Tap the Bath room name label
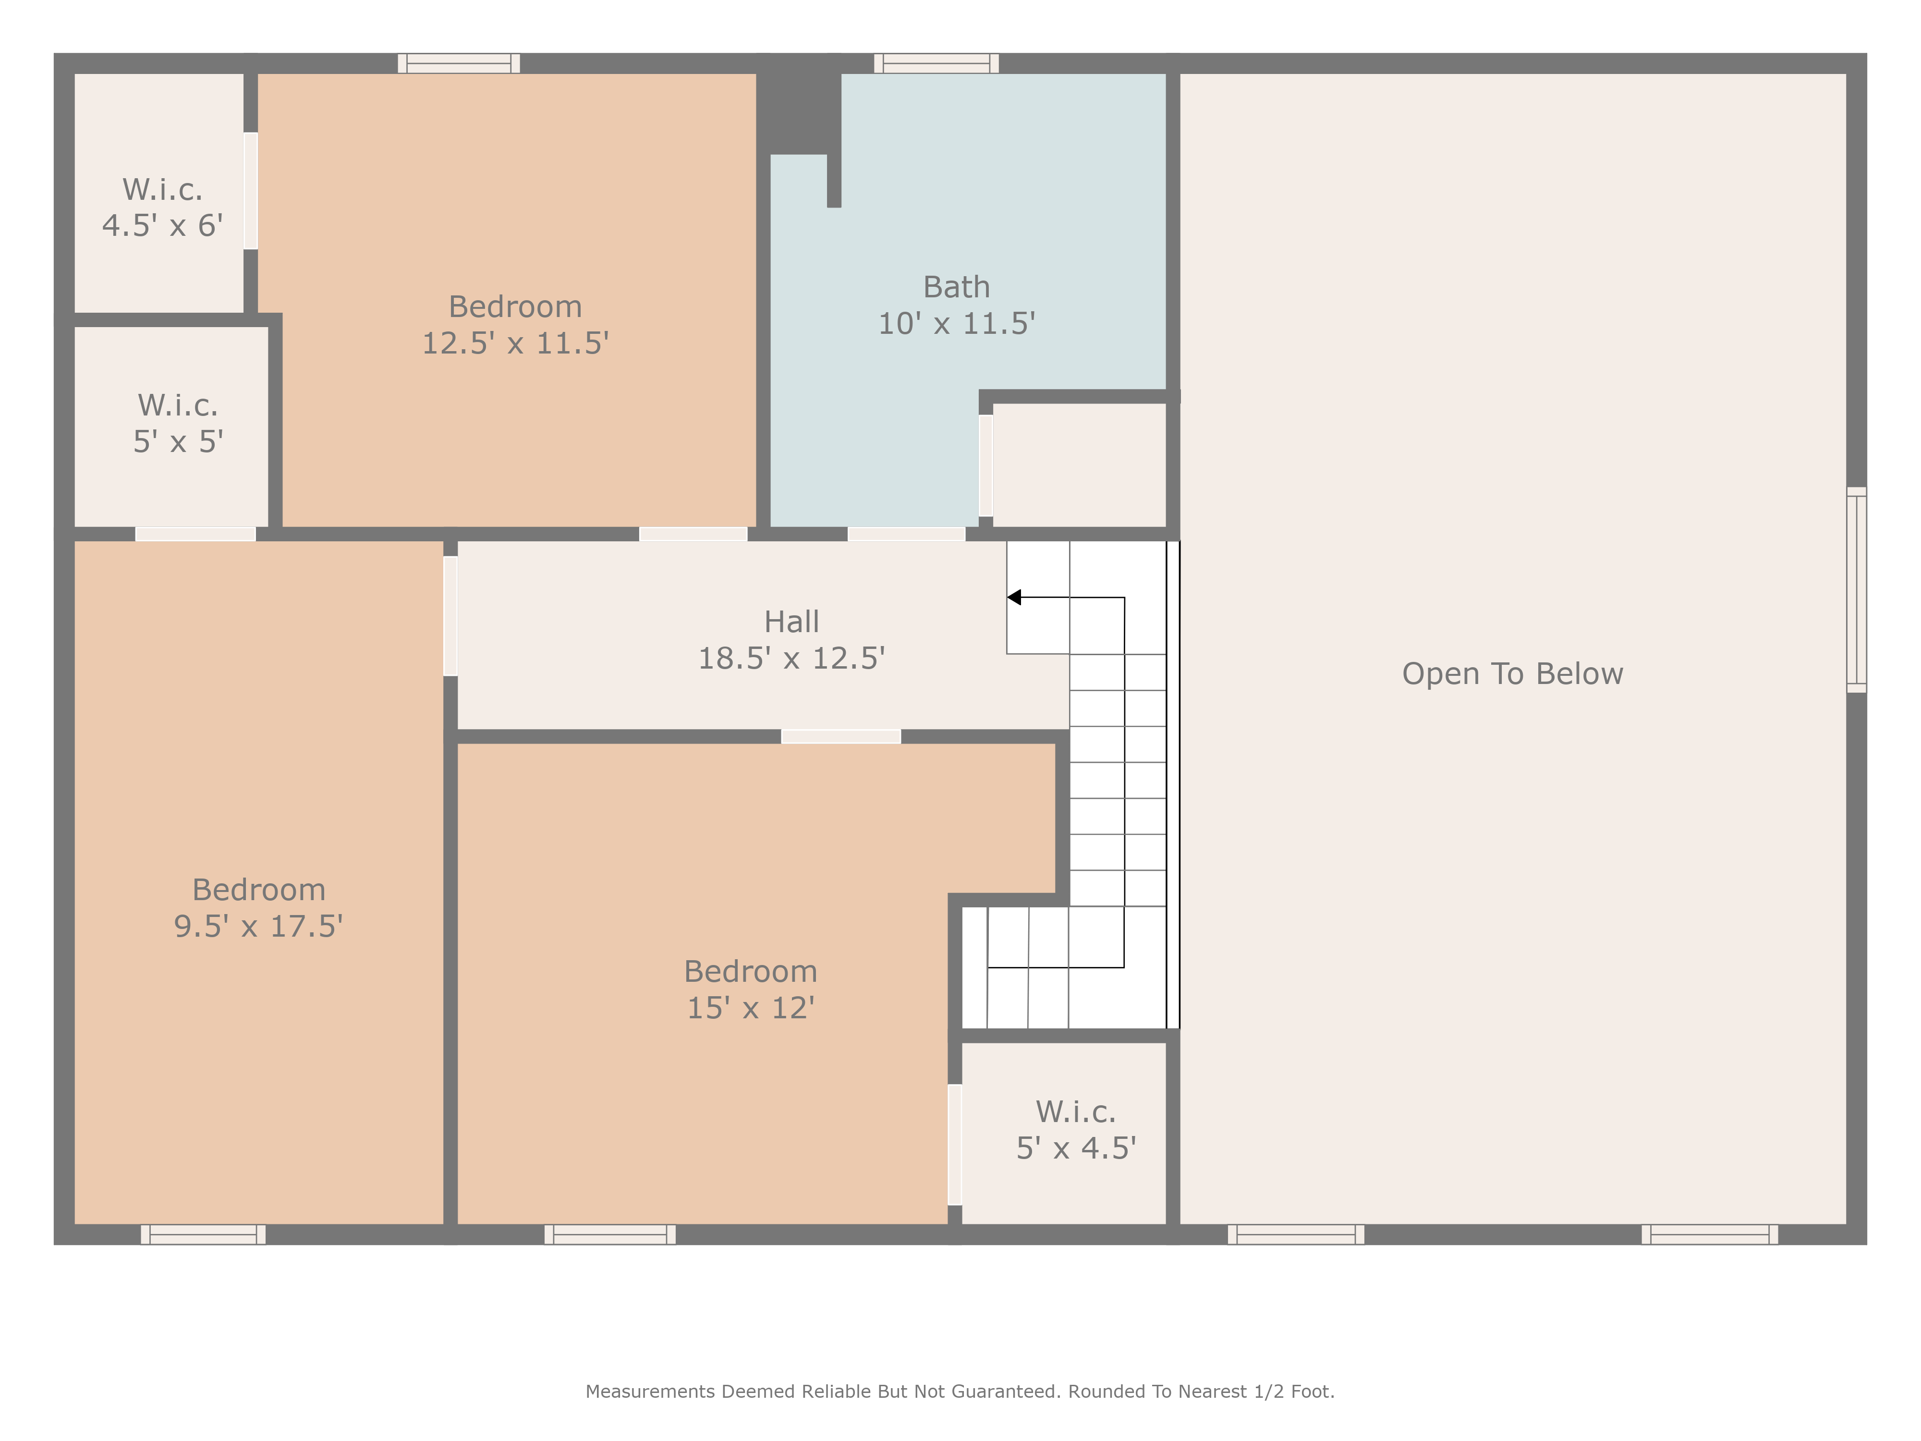pyautogui.click(x=956, y=287)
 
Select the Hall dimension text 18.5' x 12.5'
pyautogui.click(x=791, y=659)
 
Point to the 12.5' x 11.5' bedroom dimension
pyautogui.click(x=515, y=343)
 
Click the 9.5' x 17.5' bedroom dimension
pyautogui.click(x=259, y=926)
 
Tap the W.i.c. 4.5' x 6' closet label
pyautogui.click(x=162, y=208)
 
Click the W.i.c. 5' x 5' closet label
pyautogui.click(x=178, y=424)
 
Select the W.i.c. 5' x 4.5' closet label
pyautogui.click(x=1076, y=1130)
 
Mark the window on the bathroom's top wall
pyautogui.click(x=936, y=63)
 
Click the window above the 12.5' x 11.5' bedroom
pyautogui.click(x=459, y=63)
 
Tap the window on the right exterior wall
pyautogui.click(x=1856, y=590)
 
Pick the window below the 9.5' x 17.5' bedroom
pyautogui.click(x=203, y=1234)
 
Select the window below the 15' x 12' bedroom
pyautogui.click(x=609, y=1234)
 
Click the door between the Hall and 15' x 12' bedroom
pyautogui.click(x=840, y=736)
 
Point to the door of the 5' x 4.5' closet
pyautogui.click(x=954, y=1145)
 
